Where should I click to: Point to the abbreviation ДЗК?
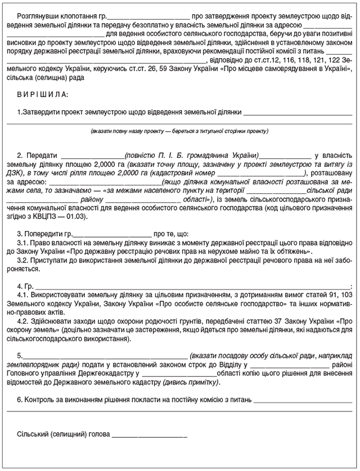click(17, 173)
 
